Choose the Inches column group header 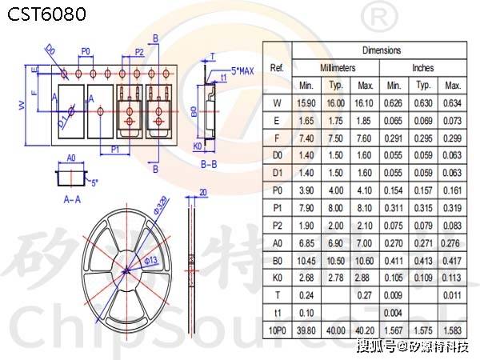tap(423, 68)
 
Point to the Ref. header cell tap(277, 68)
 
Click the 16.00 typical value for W tap(336, 102)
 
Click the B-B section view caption tap(210, 165)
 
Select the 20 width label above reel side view tap(202, 192)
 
